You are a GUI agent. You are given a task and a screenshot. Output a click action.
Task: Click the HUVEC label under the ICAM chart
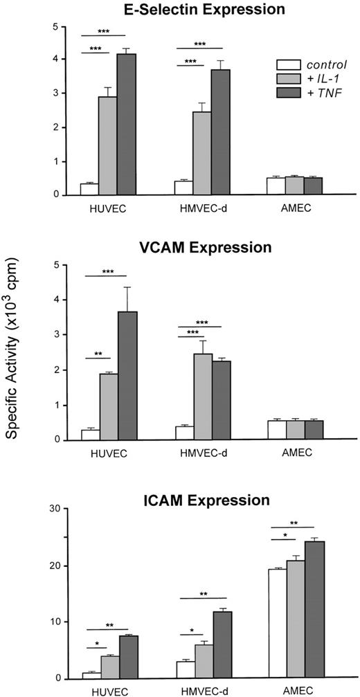pos(107,691)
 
